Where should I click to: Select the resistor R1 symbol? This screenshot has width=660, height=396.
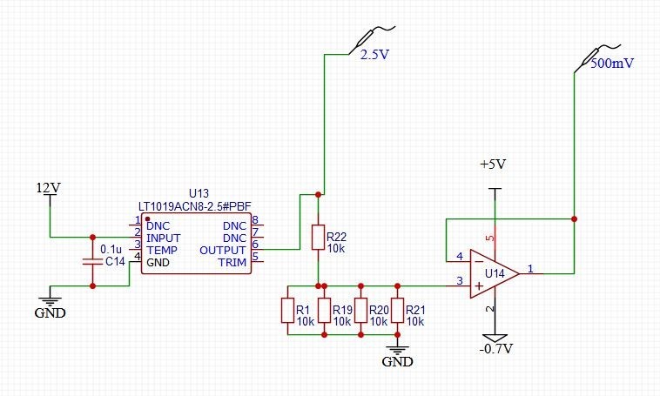point(286,311)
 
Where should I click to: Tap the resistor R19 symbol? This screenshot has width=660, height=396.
point(323,311)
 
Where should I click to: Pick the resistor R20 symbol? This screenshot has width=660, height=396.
point(360,311)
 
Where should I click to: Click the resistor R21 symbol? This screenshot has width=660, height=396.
point(397,311)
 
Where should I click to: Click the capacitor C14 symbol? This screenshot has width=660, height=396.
point(92,260)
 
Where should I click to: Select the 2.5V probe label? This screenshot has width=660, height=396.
point(374,54)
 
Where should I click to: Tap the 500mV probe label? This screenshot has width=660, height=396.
point(613,64)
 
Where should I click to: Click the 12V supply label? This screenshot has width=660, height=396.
point(48,187)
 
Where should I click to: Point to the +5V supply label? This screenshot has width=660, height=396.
point(493,164)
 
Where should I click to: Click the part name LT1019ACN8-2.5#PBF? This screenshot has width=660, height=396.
point(195,205)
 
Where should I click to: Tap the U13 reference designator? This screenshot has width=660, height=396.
point(199,193)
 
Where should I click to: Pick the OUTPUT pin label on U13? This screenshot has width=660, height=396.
point(224,249)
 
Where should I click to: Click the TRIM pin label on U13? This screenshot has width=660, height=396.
point(231,261)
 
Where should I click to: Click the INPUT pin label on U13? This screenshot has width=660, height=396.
point(163,237)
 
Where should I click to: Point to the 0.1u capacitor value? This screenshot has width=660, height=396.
point(111,249)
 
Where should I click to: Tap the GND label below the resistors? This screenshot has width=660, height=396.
point(396,360)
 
